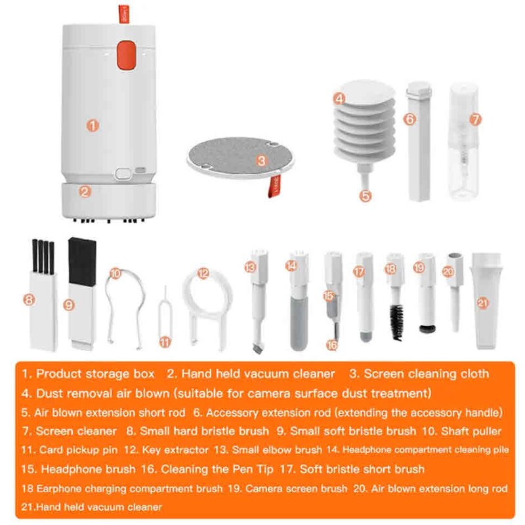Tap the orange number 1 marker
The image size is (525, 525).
click(93, 124)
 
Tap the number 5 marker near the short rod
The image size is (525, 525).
click(366, 195)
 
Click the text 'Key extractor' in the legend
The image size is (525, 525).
click(169, 450)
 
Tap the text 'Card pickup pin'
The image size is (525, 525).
click(78, 450)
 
